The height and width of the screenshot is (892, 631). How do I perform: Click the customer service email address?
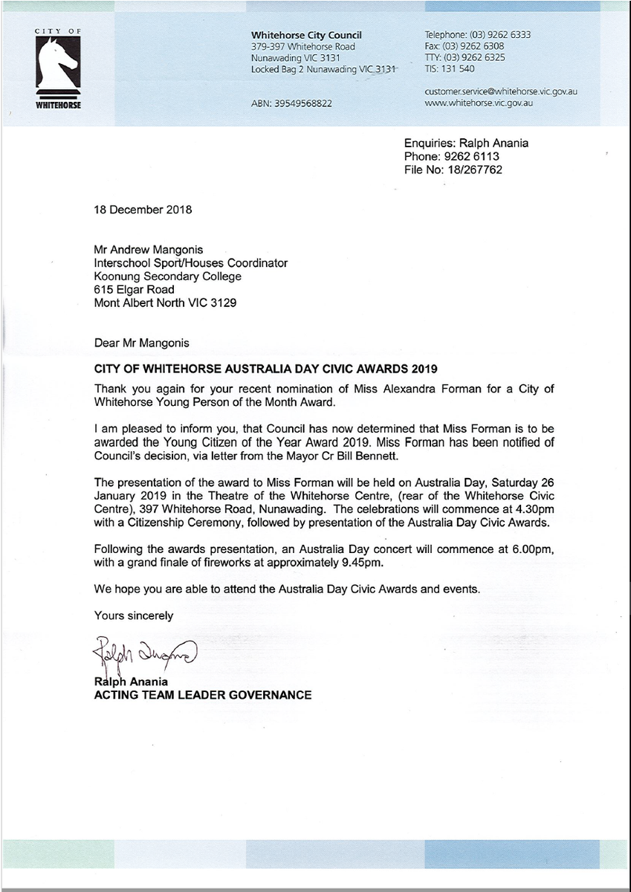tap(501, 91)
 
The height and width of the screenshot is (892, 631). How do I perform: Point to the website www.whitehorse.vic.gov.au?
tap(479, 103)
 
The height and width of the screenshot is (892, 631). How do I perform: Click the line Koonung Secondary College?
tap(168, 277)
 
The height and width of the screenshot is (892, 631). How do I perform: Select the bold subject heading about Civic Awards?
tap(266, 369)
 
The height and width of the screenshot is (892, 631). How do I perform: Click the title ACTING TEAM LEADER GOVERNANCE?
tap(203, 695)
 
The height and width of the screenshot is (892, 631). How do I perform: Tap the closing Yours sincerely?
tap(134, 615)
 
